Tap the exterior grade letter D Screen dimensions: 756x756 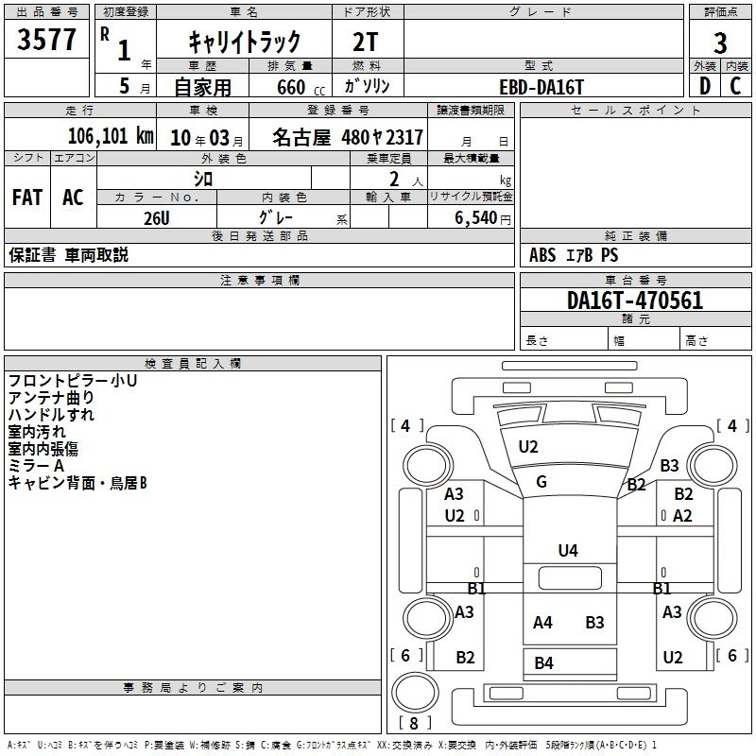coord(704,85)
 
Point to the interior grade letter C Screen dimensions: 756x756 coord(736,85)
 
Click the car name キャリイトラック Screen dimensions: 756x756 coord(245,41)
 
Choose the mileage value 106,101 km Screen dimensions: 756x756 coord(111,135)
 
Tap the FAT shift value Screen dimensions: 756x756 coord(26,197)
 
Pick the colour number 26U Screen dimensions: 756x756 coord(157,216)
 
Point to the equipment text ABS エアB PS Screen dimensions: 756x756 coord(574,255)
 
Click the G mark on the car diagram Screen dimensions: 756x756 coord(541,482)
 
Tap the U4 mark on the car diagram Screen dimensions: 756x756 coord(567,550)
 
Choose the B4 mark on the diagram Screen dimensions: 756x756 coord(543,662)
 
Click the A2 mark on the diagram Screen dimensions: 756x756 coord(682,515)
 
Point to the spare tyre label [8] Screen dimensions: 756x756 coord(411,723)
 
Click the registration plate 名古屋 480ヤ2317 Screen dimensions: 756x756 coord(348,136)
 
